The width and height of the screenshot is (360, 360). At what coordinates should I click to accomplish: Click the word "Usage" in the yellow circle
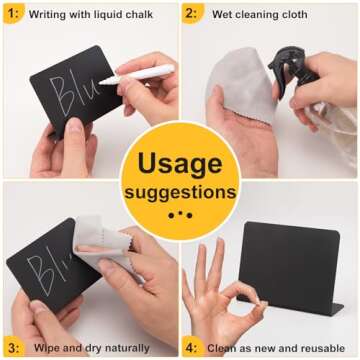click(180, 163)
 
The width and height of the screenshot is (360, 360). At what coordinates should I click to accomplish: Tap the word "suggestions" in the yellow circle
click(180, 191)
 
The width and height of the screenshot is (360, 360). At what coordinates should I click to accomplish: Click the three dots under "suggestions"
click(180, 214)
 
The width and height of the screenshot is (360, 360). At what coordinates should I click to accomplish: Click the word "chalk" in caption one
click(144, 14)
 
